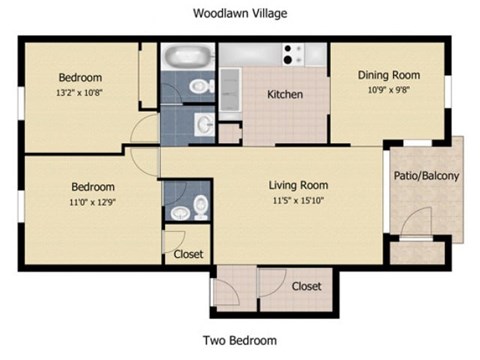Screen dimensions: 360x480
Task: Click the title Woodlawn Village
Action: pyautogui.click(x=239, y=13)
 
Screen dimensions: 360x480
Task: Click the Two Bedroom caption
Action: pyautogui.click(x=239, y=340)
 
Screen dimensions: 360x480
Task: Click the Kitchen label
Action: pyautogui.click(x=285, y=95)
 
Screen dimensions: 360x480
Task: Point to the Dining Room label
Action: pyautogui.click(x=389, y=75)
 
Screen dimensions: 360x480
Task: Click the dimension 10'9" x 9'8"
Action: pyautogui.click(x=389, y=89)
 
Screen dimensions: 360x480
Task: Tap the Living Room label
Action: pyautogui.click(x=298, y=185)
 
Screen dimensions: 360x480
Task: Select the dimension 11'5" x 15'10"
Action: pyautogui.click(x=298, y=200)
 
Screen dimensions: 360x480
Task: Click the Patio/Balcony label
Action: pyautogui.click(x=427, y=177)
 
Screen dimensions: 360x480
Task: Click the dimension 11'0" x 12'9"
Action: pyautogui.click(x=92, y=201)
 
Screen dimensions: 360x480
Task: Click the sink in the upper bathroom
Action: pyautogui.click(x=204, y=124)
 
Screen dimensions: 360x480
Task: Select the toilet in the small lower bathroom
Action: pyautogui.click(x=200, y=206)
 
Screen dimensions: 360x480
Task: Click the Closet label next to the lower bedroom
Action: pyautogui.click(x=188, y=254)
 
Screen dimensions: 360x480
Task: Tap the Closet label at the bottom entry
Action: pyautogui.click(x=307, y=286)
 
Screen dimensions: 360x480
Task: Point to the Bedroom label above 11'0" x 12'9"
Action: pyautogui.click(x=92, y=187)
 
